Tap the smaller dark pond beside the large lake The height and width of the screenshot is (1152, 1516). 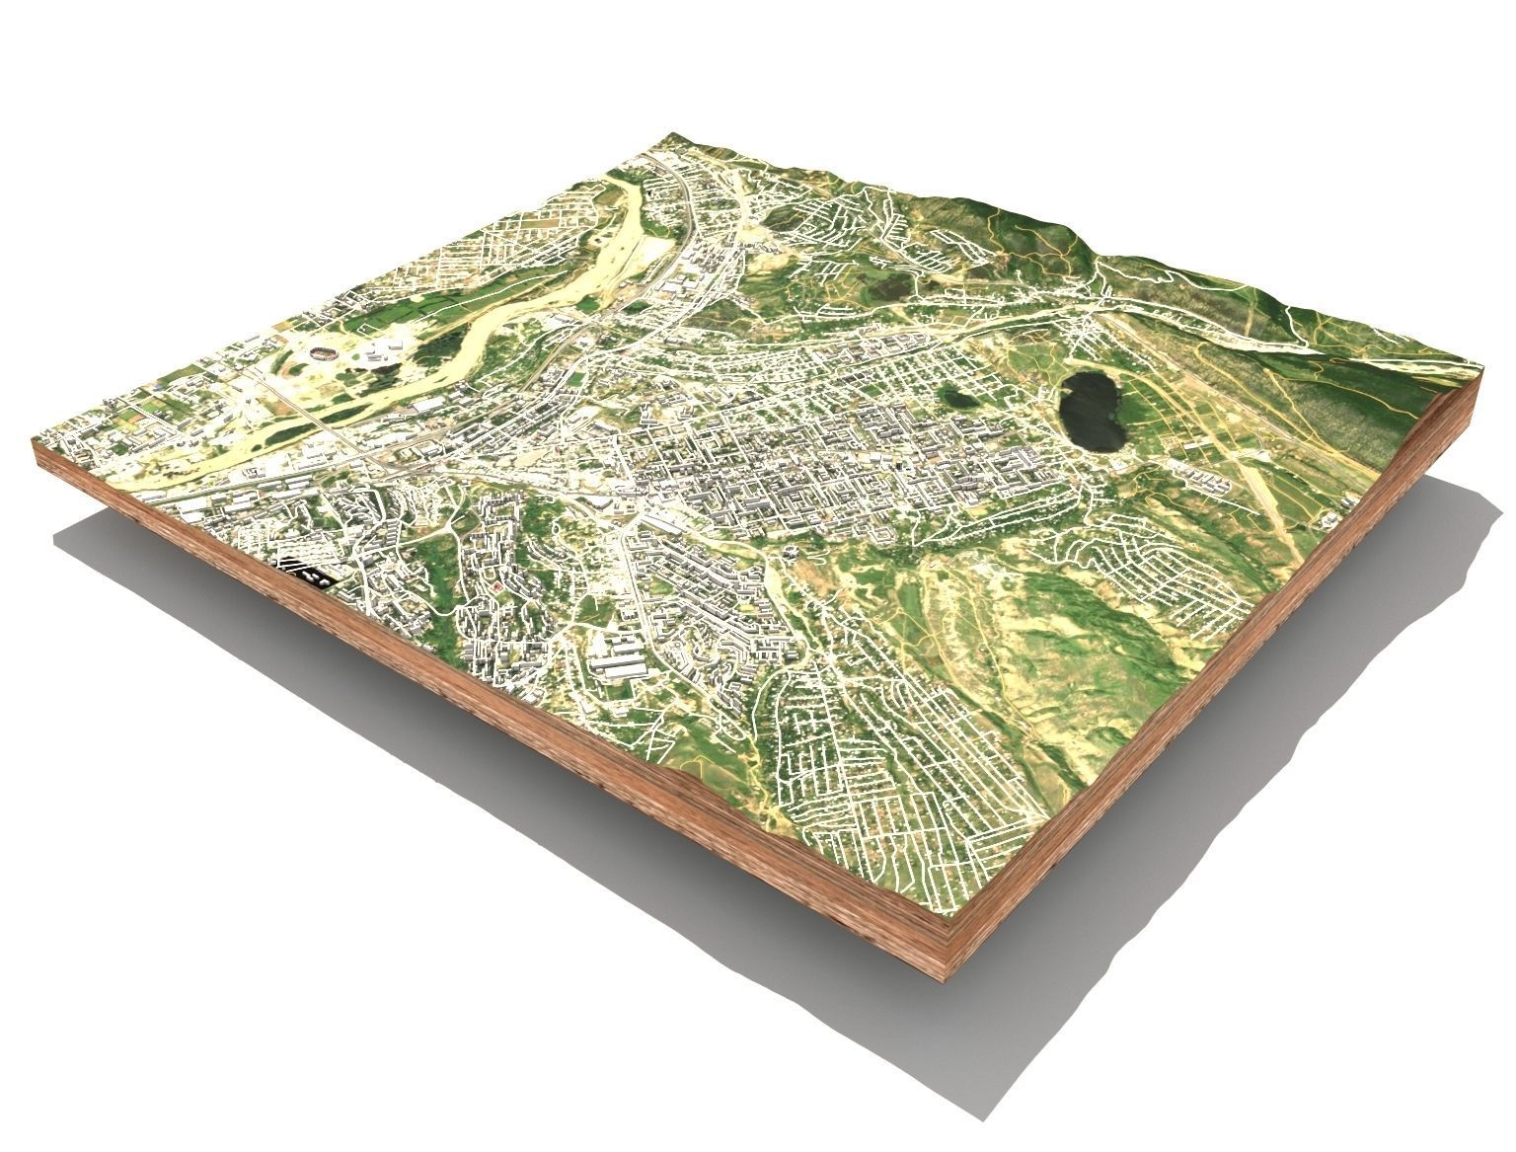tap(955, 398)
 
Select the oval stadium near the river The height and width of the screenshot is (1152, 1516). tap(323, 352)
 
